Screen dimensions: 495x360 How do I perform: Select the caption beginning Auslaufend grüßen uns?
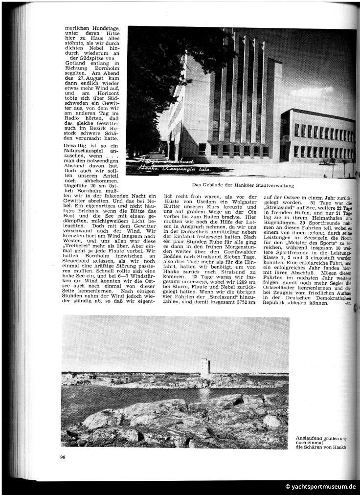coord(322,439)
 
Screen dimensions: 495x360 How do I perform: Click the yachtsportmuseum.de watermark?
coord(321,487)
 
